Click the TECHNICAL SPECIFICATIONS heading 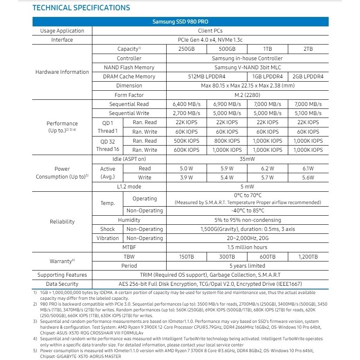(81, 8)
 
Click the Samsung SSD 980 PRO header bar (181, 22)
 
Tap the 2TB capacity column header (308, 49)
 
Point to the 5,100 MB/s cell (308, 113)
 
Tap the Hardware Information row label (62, 72)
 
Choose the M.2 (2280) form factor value (247, 95)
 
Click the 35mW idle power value (247, 159)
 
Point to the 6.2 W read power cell (267, 169)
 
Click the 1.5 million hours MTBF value (247, 247)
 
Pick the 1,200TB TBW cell (308, 257)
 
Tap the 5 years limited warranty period (247, 266)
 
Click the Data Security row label (62, 284)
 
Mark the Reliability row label (62, 222)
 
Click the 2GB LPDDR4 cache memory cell (308, 77)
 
